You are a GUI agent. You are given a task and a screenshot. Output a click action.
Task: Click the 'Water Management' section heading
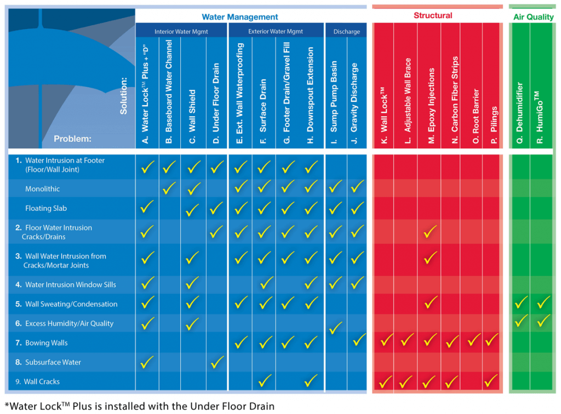tap(240, 17)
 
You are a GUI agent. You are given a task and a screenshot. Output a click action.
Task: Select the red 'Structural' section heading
tap(432, 16)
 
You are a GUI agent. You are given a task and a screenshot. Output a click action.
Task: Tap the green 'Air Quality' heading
tap(533, 17)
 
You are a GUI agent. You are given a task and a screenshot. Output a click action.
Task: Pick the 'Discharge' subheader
tap(346, 32)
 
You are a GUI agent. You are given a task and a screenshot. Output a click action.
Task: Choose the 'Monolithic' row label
tap(43, 189)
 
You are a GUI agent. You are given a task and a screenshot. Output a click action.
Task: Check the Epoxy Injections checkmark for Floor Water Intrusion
tap(431, 232)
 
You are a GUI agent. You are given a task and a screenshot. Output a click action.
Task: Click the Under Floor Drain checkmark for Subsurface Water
tap(217, 362)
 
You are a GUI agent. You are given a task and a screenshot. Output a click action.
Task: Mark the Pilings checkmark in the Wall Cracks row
tap(491, 380)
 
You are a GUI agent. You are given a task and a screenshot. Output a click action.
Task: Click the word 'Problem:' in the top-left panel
tap(73, 139)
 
